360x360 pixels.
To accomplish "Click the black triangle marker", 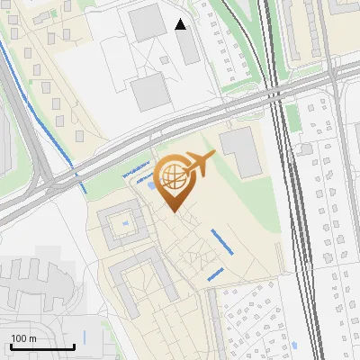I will (181, 24).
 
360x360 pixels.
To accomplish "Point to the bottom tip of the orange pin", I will (173, 211).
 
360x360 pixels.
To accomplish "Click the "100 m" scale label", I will (23, 338).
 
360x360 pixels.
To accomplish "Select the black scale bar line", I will (41, 346).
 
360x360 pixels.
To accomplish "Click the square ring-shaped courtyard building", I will (120, 227).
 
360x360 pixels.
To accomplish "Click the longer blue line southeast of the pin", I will (221, 242).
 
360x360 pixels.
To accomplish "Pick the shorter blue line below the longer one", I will (215, 274).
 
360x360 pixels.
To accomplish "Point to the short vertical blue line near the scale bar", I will (84, 337).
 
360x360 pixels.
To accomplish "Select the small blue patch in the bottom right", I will (292, 344).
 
